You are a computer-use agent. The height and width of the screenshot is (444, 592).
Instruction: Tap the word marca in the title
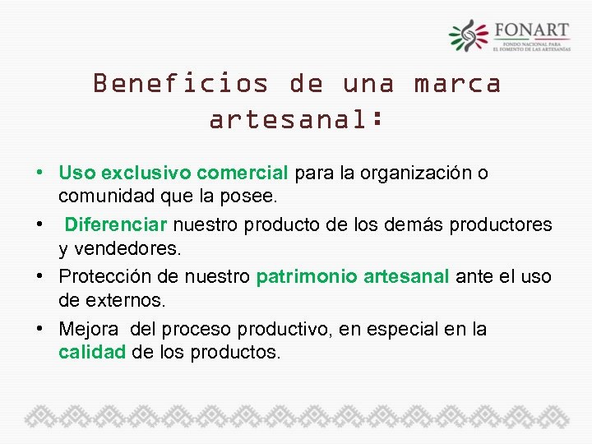pyautogui.click(x=457, y=84)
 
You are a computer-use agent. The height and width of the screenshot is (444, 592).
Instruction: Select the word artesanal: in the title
pyautogui.click(x=296, y=120)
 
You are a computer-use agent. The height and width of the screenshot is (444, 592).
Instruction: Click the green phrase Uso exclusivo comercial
pyautogui.click(x=173, y=173)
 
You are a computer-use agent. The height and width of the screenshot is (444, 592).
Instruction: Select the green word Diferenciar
pyautogui.click(x=116, y=224)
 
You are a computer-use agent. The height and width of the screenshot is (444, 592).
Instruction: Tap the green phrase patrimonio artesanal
pyautogui.click(x=353, y=277)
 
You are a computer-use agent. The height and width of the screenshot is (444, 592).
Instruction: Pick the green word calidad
pyautogui.click(x=92, y=353)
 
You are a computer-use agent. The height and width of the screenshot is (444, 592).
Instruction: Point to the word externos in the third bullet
pyautogui.click(x=117, y=300)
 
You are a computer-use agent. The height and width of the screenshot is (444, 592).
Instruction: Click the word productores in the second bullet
pyautogui.click(x=505, y=224)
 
